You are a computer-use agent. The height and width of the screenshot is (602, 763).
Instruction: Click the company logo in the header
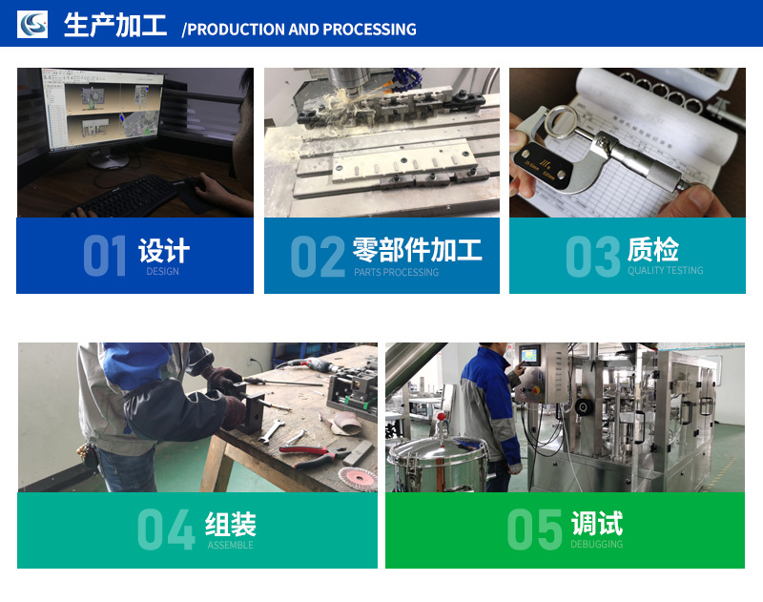click(32, 24)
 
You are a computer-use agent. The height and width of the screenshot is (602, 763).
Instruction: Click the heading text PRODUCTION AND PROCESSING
click(301, 30)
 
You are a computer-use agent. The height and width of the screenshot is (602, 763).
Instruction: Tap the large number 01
click(105, 256)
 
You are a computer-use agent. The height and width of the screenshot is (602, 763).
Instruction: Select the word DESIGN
click(162, 271)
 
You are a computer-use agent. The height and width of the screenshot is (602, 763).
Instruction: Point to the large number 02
click(318, 257)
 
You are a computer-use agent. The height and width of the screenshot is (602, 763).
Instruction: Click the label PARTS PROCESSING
click(396, 272)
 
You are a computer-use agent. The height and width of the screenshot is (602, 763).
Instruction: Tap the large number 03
click(593, 257)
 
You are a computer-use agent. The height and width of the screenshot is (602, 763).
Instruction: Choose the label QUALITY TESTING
click(665, 270)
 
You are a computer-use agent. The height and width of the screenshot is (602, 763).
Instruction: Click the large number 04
click(166, 529)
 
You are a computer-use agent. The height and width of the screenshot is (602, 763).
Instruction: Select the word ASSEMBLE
click(230, 545)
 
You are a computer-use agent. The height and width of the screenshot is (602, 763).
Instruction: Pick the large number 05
click(534, 529)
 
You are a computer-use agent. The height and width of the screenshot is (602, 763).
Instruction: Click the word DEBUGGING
click(597, 544)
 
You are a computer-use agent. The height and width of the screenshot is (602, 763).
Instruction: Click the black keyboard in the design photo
click(125, 197)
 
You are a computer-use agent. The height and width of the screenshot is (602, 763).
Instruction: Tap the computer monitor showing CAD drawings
click(104, 110)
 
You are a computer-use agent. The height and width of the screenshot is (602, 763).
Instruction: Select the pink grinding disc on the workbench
click(358, 477)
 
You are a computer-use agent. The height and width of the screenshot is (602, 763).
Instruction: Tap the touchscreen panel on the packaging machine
click(529, 354)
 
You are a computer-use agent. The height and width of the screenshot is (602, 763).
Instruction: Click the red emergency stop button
click(537, 390)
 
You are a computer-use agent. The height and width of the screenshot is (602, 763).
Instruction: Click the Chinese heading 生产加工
click(115, 25)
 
